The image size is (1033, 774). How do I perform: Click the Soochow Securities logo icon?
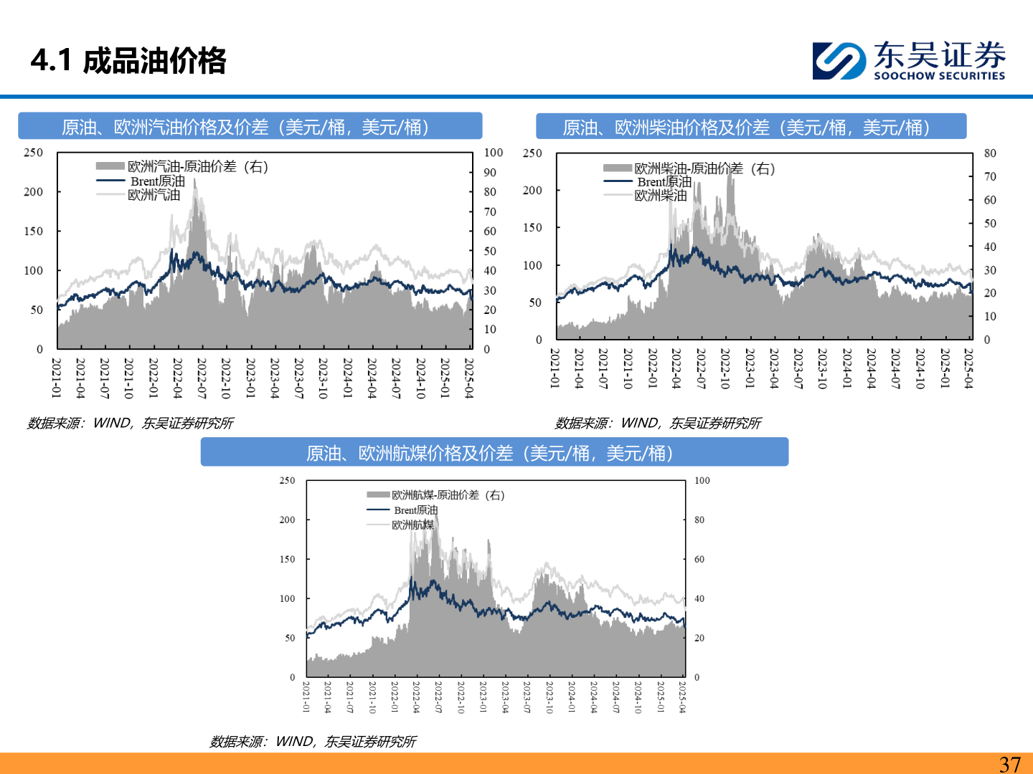pos(839,60)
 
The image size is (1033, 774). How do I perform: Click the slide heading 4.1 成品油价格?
pos(128,61)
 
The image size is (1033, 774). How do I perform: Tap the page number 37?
pos(1009,764)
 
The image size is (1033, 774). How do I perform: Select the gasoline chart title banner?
pos(250,127)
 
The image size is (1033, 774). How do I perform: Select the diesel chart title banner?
pos(751,127)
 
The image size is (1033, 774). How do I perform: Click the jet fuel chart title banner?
pos(494,453)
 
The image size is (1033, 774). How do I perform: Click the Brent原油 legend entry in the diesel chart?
pos(664,182)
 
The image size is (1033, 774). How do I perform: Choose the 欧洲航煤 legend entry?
pos(412,525)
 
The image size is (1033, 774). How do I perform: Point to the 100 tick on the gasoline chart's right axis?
pos(494,153)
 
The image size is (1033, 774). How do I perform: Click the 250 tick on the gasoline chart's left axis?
pos(33,153)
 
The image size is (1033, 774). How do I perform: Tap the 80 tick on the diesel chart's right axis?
pos(990,153)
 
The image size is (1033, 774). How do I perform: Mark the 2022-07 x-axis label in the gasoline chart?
pos(202,378)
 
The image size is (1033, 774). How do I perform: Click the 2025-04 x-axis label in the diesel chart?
pos(968,369)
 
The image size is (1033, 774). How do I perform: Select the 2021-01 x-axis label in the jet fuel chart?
pos(306,697)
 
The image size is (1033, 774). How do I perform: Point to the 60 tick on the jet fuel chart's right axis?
pos(699,559)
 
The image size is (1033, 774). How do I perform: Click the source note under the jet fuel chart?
pos(313,742)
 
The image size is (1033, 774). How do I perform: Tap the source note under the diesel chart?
pos(658,424)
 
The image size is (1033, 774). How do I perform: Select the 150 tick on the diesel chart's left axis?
pos(532,228)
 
